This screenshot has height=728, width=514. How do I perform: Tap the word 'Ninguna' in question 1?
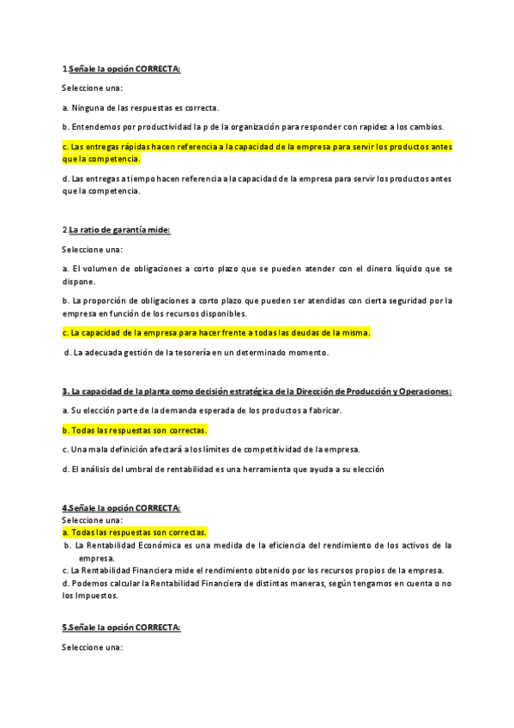point(88,107)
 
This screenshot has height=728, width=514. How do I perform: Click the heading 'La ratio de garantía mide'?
point(119,229)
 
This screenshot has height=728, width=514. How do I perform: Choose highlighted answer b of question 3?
point(135,429)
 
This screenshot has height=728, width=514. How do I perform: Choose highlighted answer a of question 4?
point(134,532)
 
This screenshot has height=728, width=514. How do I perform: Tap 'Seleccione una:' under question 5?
point(92,647)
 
